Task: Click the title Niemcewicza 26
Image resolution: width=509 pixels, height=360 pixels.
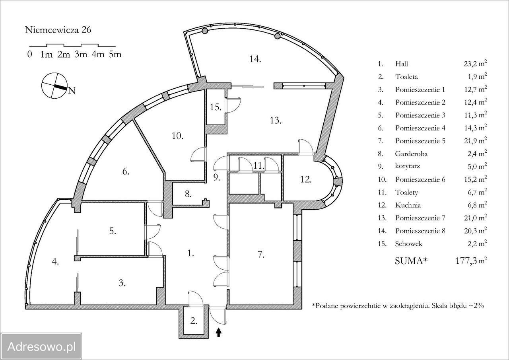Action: (x=58, y=30)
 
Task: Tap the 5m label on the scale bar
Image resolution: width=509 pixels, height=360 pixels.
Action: (x=115, y=54)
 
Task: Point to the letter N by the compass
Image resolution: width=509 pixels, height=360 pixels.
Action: (x=72, y=90)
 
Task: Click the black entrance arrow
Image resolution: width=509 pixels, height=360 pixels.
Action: (x=218, y=332)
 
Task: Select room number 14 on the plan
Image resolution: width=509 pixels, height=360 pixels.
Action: (x=255, y=59)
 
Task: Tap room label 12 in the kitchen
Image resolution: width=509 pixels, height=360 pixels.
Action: (x=306, y=179)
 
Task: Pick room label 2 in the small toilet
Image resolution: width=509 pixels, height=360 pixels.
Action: (x=193, y=321)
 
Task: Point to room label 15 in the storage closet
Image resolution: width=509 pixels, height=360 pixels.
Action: (x=216, y=107)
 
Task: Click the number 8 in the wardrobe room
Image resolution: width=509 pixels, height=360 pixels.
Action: (x=188, y=194)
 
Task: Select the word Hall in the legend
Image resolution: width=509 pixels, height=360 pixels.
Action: (x=402, y=64)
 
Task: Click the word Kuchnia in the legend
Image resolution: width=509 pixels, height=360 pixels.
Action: (x=408, y=205)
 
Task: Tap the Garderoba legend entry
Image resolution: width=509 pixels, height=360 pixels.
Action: (x=411, y=154)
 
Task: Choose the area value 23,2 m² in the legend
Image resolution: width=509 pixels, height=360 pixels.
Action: (x=475, y=63)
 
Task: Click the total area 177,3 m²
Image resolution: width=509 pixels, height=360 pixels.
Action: (x=471, y=261)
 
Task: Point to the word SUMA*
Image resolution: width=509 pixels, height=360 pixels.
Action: (x=411, y=261)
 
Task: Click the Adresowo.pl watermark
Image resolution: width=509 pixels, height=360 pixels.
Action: (x=41, y=347)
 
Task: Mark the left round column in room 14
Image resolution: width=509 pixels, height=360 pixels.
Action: (x=205, y=31)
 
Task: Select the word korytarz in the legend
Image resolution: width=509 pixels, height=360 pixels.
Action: (x=408, y=166)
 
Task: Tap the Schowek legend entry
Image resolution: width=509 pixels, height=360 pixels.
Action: (x=408, y=244)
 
